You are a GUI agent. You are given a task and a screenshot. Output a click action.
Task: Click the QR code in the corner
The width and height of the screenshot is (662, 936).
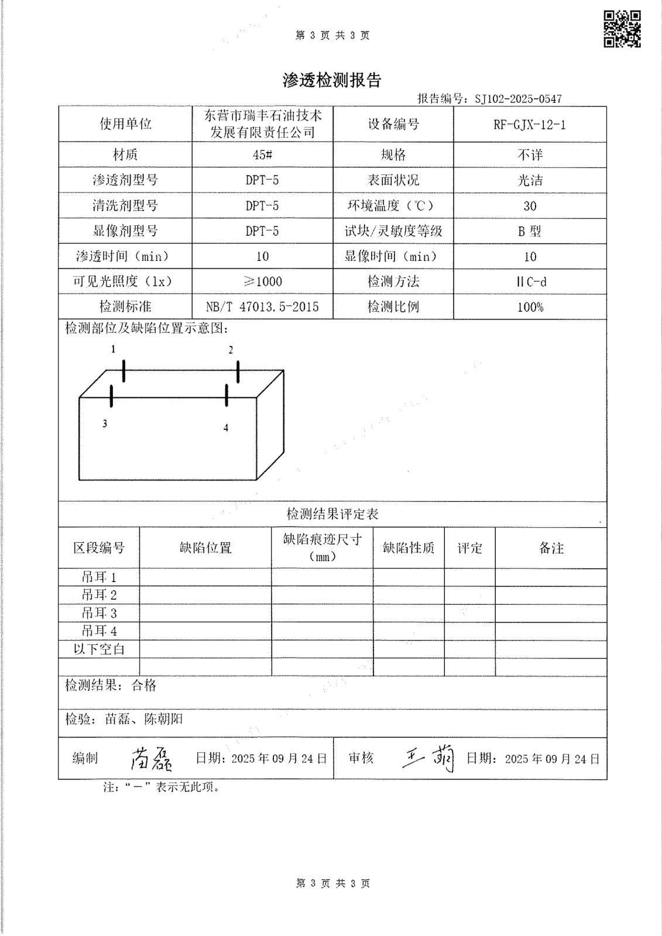(622, 29)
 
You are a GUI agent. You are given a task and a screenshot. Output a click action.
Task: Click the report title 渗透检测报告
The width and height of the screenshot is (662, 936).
(332, 80)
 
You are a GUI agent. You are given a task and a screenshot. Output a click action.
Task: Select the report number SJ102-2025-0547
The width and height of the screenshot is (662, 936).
(518, 99)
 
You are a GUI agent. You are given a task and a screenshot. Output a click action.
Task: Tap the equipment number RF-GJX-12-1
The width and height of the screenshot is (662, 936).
(530, 125)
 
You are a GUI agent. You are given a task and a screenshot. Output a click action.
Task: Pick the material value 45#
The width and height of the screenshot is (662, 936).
(262, 155)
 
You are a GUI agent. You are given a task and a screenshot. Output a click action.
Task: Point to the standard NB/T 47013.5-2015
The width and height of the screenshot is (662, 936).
(262, 307)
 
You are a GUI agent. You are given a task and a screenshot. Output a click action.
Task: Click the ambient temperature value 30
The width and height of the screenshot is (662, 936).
(530, 206)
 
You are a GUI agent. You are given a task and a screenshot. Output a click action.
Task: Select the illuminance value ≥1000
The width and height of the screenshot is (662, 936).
(262, 281)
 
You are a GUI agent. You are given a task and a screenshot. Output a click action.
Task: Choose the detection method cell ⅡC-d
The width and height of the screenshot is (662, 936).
(530, 281)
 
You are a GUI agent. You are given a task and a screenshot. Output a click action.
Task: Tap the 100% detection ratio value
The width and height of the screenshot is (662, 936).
(530, 307)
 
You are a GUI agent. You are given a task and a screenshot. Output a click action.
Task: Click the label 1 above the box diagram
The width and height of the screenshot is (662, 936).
(114, 349)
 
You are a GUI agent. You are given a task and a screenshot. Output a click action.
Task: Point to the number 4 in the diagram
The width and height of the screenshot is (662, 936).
(226, 428)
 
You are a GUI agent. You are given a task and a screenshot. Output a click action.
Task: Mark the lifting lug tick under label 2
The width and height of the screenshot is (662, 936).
(238, 372)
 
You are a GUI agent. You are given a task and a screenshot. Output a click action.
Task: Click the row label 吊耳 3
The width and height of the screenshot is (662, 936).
(99, 613)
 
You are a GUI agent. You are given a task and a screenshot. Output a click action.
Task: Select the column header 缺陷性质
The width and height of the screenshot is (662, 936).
(409, 548)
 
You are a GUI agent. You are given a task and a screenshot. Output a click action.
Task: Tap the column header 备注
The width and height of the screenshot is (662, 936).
(551, 548)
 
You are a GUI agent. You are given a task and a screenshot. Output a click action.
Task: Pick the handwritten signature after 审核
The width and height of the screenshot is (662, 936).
(428, 759)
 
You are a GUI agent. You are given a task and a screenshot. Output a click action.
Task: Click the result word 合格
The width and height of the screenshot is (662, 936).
(144, 685)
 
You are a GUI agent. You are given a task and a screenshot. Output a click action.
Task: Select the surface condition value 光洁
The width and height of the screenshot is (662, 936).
(530, 180)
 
